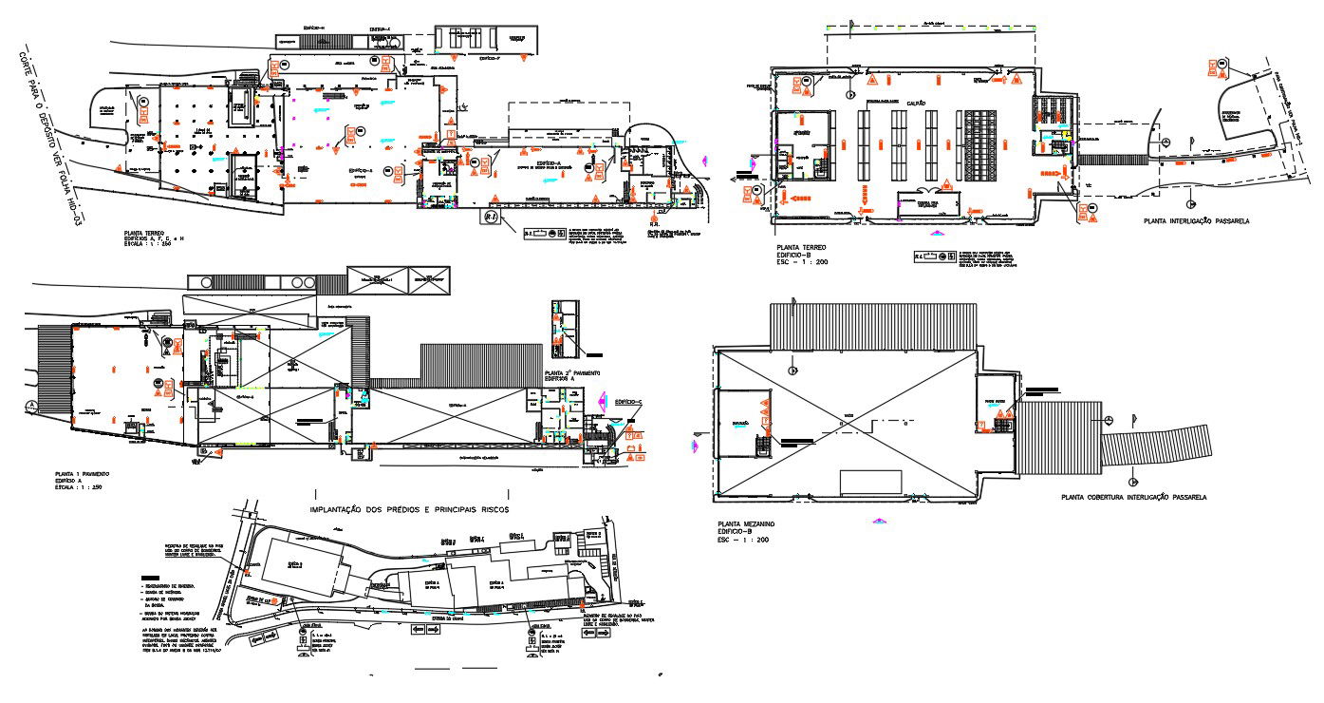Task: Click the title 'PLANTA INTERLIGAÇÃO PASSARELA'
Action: (x=1197, y=220)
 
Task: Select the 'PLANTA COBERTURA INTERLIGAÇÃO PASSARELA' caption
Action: (x=1133, y=497)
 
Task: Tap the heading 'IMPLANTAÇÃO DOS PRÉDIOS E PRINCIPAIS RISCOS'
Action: (x=409, y=510)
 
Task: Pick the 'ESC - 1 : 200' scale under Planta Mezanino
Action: (x=743, y=540)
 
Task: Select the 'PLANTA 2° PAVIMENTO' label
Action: (x=572, y=373)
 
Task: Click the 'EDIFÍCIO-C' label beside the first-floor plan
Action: (x=628, y=402)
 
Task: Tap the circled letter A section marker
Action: (x=30, y=406)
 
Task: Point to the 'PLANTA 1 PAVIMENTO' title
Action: (x=83, y=473)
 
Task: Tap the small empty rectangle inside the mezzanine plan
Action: (x=870, y=482)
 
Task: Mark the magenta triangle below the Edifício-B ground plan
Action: (x=937, y=233)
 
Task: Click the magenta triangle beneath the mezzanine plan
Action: (x=880, y=521)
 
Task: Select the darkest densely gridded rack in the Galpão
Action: (x=980, y=145)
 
